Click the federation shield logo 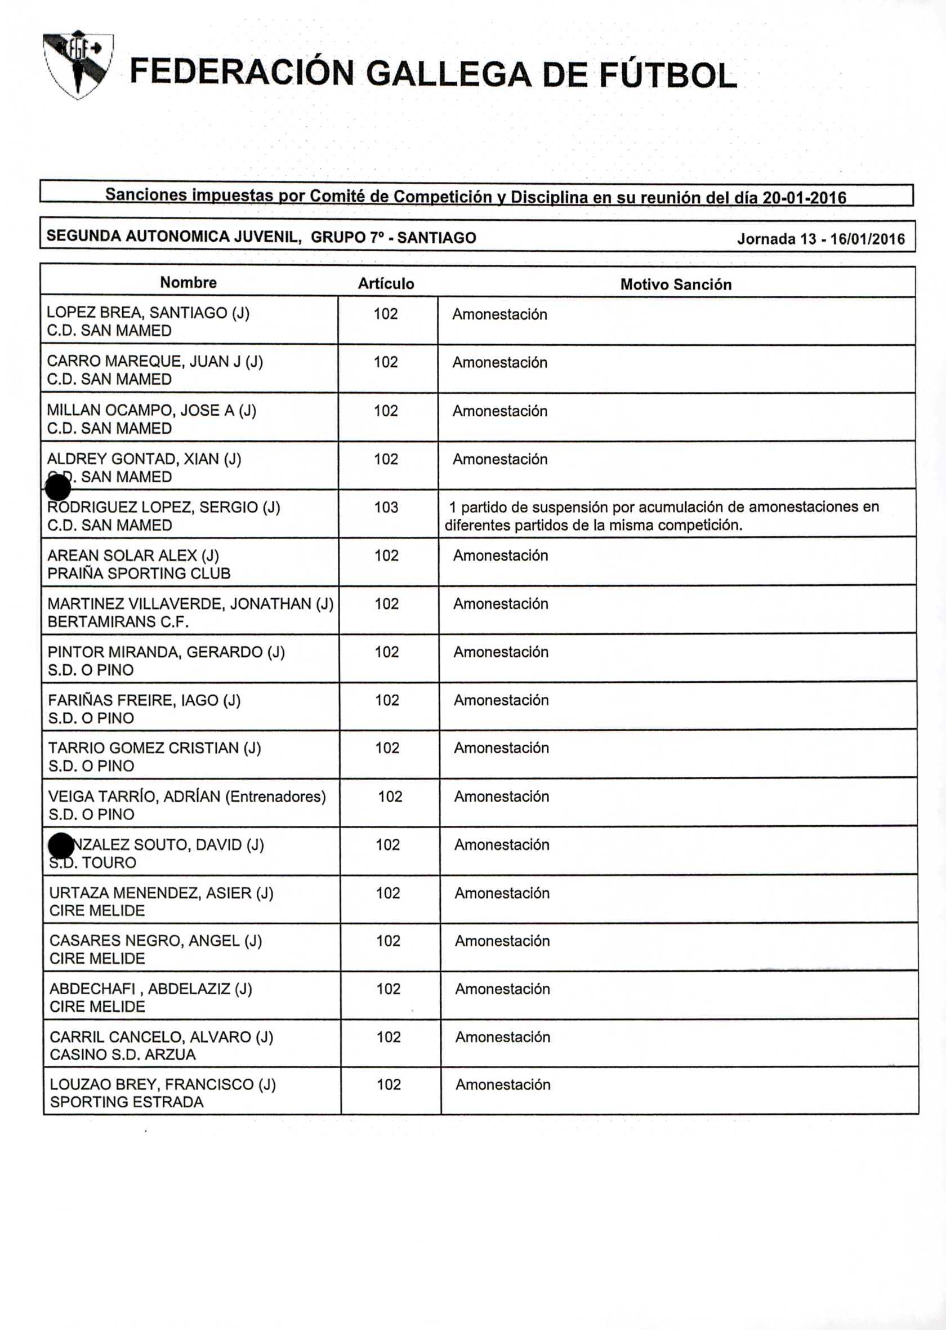pos(78,64)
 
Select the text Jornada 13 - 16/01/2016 pos(821,239)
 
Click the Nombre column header pos(188,283)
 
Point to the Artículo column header pos(386,284)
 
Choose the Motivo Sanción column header pos(676,284)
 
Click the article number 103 pos(386,508)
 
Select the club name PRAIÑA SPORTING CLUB pos(139,574)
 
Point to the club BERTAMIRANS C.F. pos(118,622)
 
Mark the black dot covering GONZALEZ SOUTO pos(61,846)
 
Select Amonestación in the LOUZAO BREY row pos(503,1085)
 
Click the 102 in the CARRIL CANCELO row pos(389,1037)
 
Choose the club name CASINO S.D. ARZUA pos(122,1055)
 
